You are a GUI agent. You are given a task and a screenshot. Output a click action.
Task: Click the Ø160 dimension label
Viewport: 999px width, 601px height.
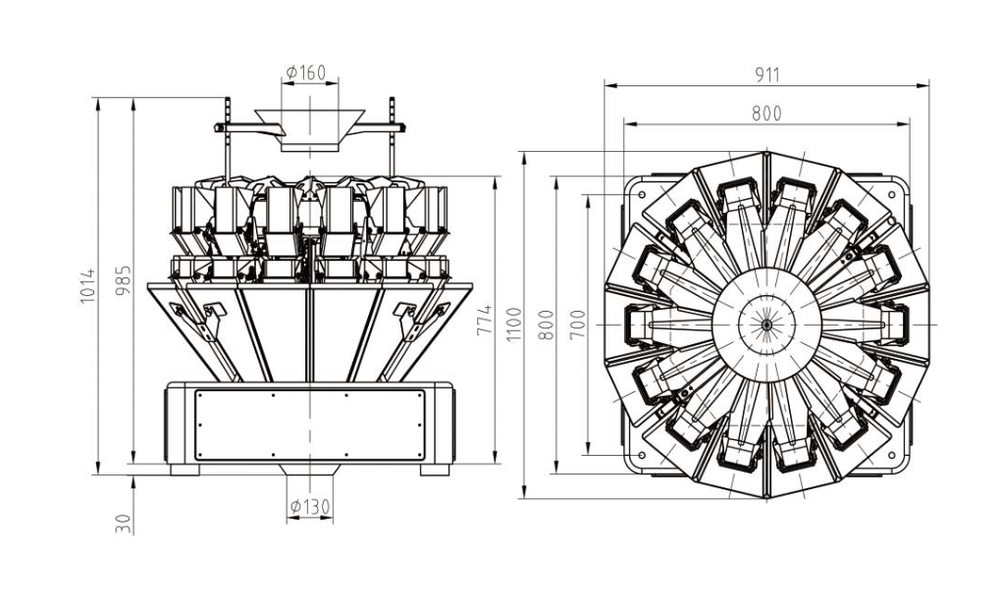point(306,74)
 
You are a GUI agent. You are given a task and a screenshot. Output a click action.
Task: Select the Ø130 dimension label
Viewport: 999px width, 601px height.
point(309,507)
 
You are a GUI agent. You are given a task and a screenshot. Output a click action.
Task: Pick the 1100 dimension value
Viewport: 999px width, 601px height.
point(513,324)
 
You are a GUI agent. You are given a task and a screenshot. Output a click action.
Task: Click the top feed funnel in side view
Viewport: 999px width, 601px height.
point(309,128)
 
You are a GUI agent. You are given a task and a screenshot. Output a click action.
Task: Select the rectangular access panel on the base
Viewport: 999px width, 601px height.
point(309,425)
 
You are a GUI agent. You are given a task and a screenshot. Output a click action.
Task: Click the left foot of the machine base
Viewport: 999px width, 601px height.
point(184,470)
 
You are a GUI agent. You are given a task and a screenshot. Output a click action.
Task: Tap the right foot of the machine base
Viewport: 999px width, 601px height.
point(435,470)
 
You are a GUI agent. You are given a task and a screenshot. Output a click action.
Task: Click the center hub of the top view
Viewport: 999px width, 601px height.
point(766,321)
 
